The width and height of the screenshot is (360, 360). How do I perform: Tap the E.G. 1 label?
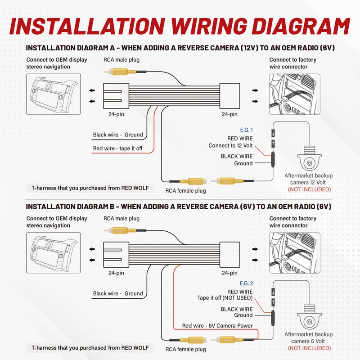[x=246, y=130]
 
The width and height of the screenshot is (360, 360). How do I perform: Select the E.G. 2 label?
[x=246, y=283]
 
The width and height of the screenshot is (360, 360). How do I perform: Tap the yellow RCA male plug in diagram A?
[x=119, y=72]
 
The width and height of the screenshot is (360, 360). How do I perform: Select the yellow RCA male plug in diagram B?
[x=119, y=229]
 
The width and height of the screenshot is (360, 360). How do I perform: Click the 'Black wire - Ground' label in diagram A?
[x=118, y=135]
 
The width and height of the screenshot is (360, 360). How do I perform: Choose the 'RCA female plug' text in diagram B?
[x=185, y=349]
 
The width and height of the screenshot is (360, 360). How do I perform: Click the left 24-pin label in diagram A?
[x=116, y=114]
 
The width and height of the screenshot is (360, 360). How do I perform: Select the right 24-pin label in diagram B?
[x=229, y=273]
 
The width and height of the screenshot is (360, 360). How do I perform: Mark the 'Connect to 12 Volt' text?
[x=230, y=146]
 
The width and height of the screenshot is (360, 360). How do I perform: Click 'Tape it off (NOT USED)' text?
[x=225, y=298]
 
